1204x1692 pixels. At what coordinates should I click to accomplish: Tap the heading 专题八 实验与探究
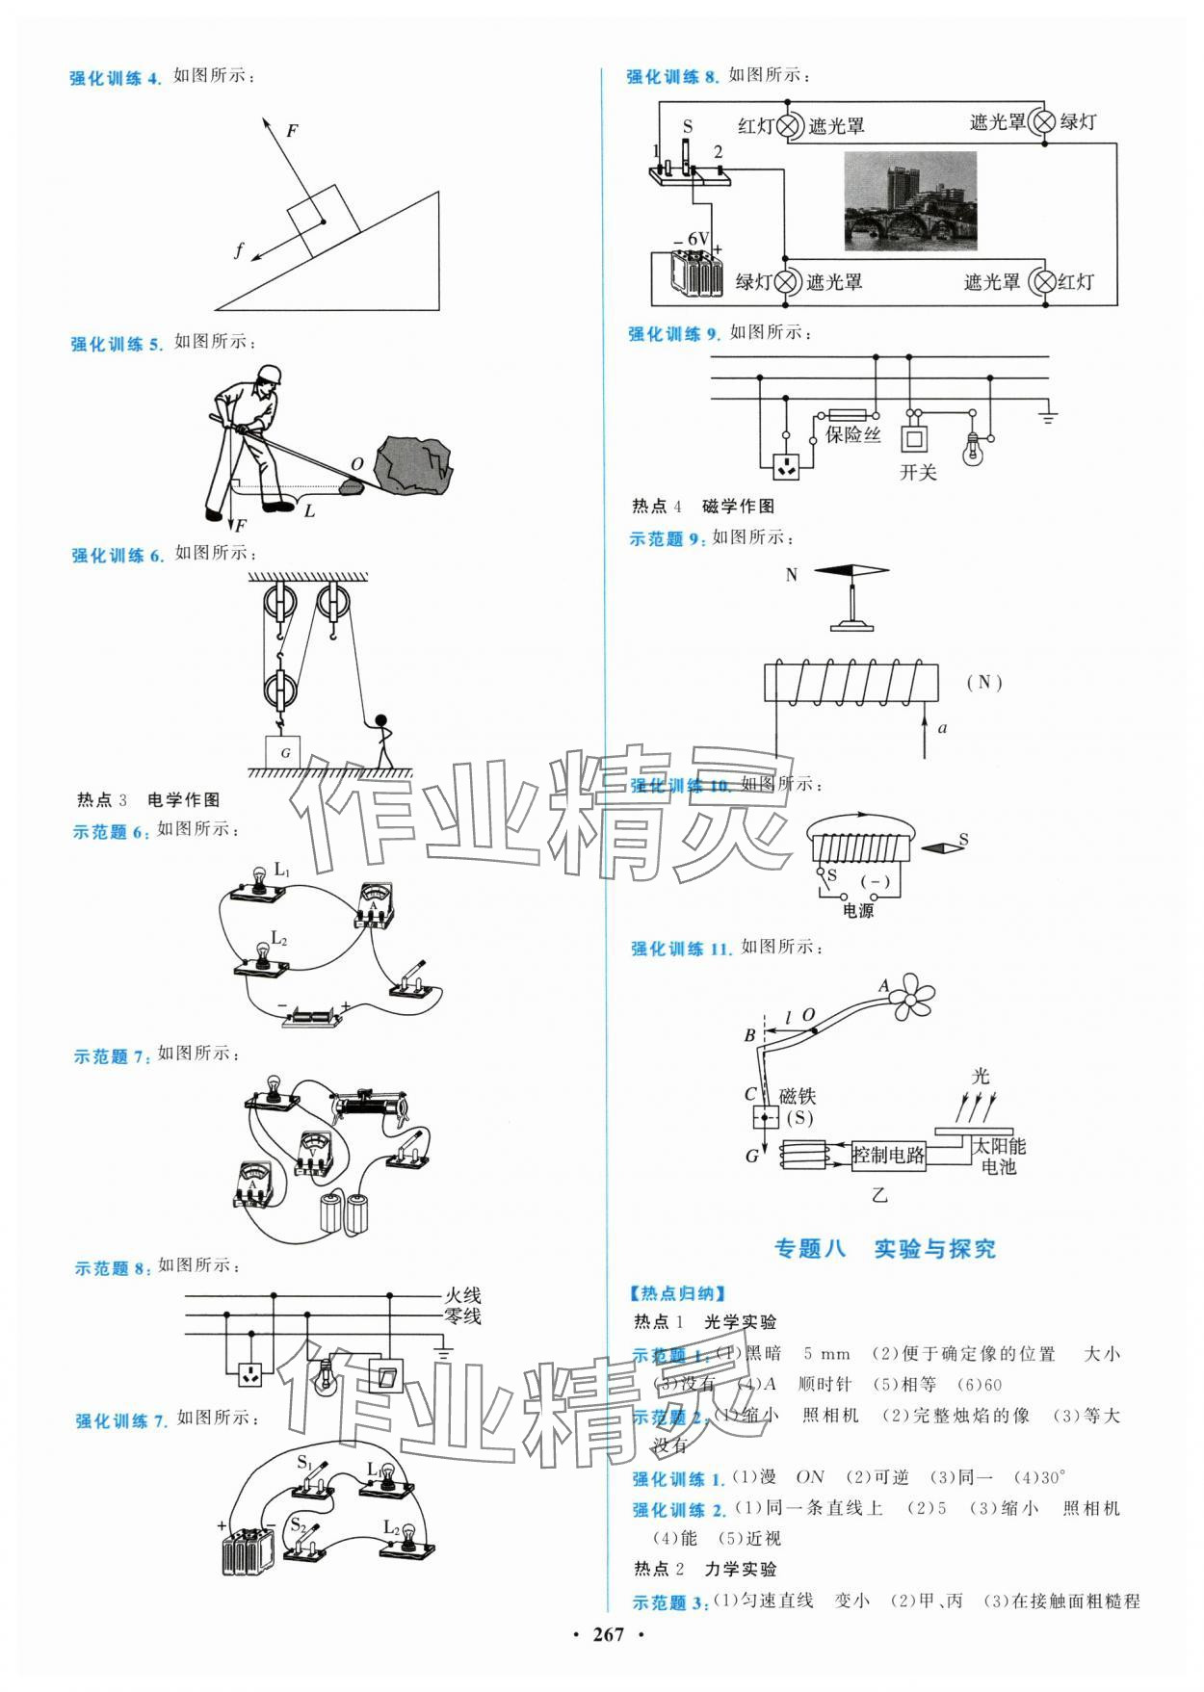click(885, 1249)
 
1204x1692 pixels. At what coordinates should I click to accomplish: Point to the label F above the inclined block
click(292, 131)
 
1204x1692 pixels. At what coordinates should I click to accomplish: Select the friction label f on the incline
click(239, 251)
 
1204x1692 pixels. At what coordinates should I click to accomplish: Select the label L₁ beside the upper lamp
click(281, 870)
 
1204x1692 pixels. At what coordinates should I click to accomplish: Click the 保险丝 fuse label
click(852, 434)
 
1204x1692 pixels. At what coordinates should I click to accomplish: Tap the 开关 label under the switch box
click(917, 473)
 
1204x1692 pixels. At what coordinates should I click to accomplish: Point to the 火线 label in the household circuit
click(462, 1296)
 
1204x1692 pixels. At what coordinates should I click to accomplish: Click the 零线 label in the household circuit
click(462, 1316)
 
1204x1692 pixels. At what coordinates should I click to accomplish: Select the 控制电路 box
click(888, 1155)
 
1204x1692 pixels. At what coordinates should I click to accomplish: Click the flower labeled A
click(909, 995)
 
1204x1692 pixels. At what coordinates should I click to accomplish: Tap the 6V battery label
click(697, 239)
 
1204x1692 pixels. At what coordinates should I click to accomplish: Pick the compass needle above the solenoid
click(851, 572)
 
